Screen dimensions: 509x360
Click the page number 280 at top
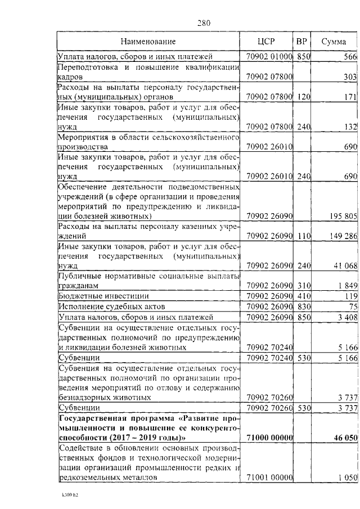(x=204, y=23)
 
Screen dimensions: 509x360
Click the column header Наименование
(x=148, y=41)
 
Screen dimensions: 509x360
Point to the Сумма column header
(x=334, y=41)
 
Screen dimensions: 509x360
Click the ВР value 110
(x=304, y=236)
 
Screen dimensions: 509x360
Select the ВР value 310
(x=304, y=285)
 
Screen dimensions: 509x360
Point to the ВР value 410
(x=304, y=295)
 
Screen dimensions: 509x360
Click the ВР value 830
(x=304, y=306)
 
